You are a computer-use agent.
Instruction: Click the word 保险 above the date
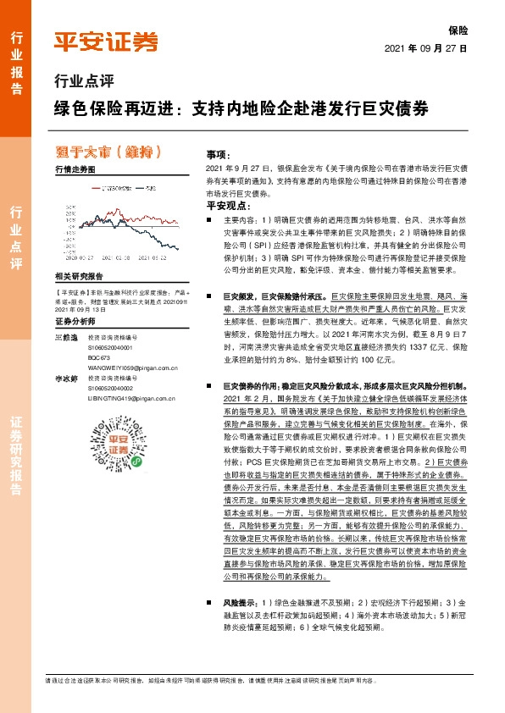click(x=458, y=29)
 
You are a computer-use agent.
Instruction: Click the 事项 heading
click(x=218, y=157)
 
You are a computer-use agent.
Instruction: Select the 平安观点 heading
click(x=227, y=206)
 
